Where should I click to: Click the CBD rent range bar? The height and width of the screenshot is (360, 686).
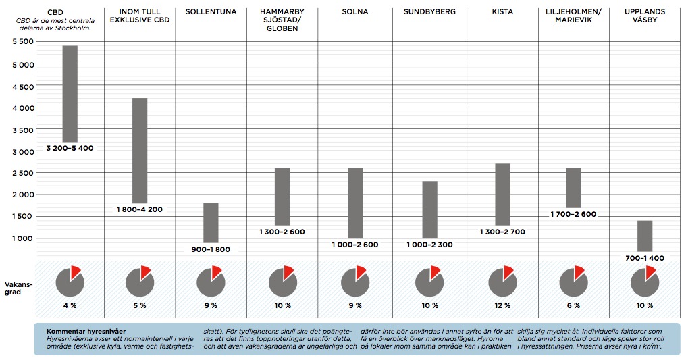(x=70, y=93)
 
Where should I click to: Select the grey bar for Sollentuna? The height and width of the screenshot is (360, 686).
(x=211, y=222)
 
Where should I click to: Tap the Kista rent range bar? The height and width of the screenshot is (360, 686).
(x=502, y=194)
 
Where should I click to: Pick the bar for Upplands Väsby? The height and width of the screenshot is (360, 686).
(x=645, y=236)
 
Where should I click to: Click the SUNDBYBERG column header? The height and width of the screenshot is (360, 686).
(x=429, y=12)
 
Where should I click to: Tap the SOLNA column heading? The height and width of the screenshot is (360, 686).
(x=355, y=12)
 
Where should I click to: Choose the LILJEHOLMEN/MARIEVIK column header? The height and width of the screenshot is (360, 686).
(x=573, y=16)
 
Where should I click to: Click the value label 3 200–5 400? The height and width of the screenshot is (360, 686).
(x=70, y=148)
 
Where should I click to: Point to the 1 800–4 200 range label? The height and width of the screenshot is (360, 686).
(x=140, y=209)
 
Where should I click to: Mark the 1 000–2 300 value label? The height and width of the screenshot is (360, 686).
(x=430, y=245)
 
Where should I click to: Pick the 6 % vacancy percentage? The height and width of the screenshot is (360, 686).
(x=573, y=306)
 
